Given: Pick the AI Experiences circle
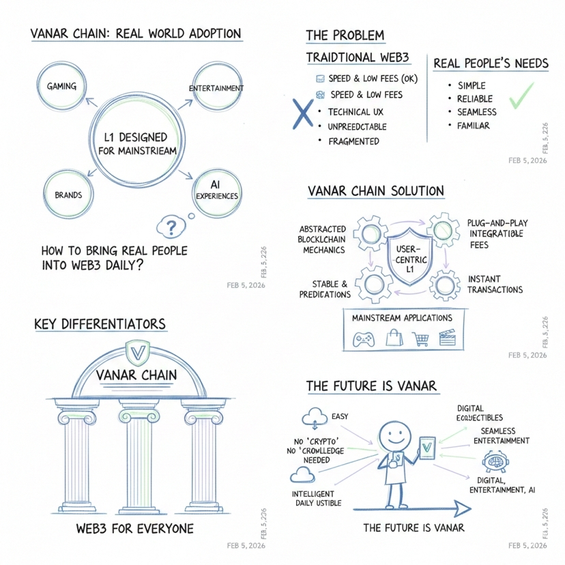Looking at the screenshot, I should pos(216,191).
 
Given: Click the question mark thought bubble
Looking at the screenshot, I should pos(172,226).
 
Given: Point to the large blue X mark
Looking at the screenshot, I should pos(298,114).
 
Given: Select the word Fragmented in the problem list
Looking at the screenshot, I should pos(354,141).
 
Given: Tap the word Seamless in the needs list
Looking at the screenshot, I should pos(477,112).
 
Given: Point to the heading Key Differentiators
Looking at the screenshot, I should pos(100,323).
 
